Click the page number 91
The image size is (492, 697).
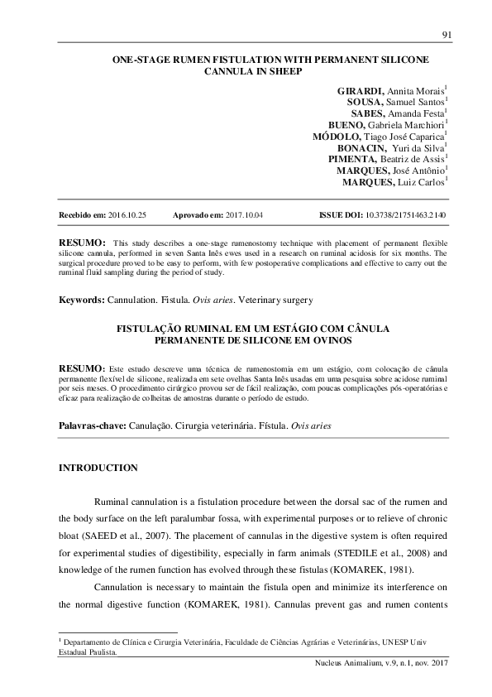click(446, 34)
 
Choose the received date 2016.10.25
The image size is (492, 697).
click(127, 214)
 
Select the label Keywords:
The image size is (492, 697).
click(80, 298)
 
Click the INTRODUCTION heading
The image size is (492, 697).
click(98, 468)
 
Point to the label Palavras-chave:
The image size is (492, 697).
click(90, 425)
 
